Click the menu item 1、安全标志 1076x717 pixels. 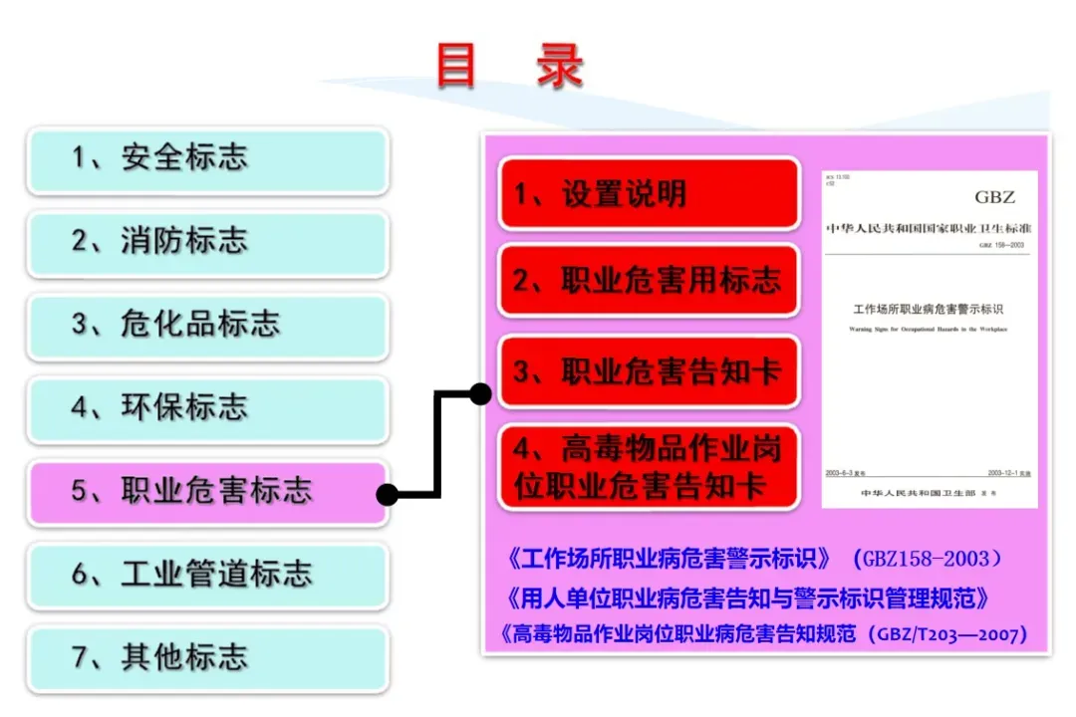[x=207, y=159]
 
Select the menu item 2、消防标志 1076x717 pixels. [x=207, y=242]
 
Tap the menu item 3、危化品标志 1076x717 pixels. [x=207, y=326]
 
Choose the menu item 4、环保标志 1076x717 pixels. [x=207, y=408]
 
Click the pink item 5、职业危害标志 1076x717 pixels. [x=207, y=492]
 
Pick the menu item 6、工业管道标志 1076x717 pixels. [x=207, y=575]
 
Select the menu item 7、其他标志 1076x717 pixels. [x=207, y=658]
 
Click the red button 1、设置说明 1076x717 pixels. [x=649, y=193]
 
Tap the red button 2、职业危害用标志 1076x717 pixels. [x=649, y=281]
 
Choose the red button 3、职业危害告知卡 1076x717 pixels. [x=649, y=371]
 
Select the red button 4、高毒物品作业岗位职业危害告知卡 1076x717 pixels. [x=649, y=467]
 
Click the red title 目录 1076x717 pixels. [x=510, y=66]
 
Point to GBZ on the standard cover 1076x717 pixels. [x=994, y=197]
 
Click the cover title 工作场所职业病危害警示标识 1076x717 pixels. [x=929, y=310]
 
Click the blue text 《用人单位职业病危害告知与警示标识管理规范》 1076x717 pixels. [x=747, y=597]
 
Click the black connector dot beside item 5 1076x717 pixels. [x=388, y=493]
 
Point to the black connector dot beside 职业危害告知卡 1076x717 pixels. [x=480, y=393]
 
